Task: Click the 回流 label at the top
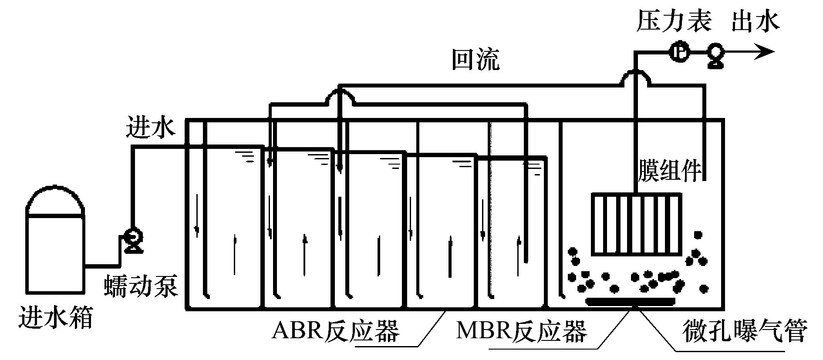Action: pos(475,61)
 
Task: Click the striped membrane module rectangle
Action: pos(636,225)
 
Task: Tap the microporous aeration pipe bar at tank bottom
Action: pos(630,301)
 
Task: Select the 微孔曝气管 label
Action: pos(745,332)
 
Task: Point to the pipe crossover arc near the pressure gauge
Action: pos(635,77)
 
